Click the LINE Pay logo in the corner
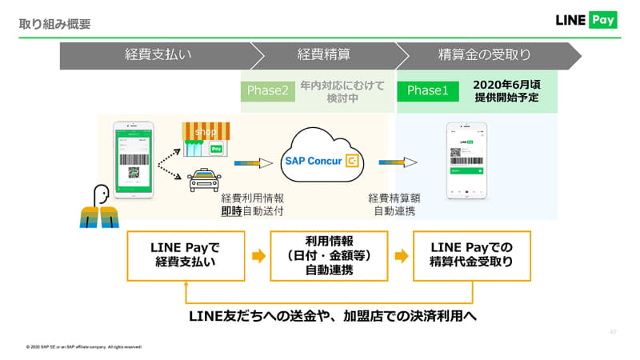click(x=586, y=20)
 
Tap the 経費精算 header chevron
click(x=324, y=55)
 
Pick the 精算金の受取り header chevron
click(x=485, y=55)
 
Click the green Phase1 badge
click(x=428, y=90)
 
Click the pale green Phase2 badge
click(x=267, y=90)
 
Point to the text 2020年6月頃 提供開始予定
click(x=506, y=90)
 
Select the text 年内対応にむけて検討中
click(x=342, y=90)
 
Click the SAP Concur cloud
click(x=323, y=160)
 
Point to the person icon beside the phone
click(x=99, y=206)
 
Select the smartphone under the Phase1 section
click(x=465, y=160)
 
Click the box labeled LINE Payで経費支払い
click(x=186, y=256)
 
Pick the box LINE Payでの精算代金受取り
click(x=471, y=256)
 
